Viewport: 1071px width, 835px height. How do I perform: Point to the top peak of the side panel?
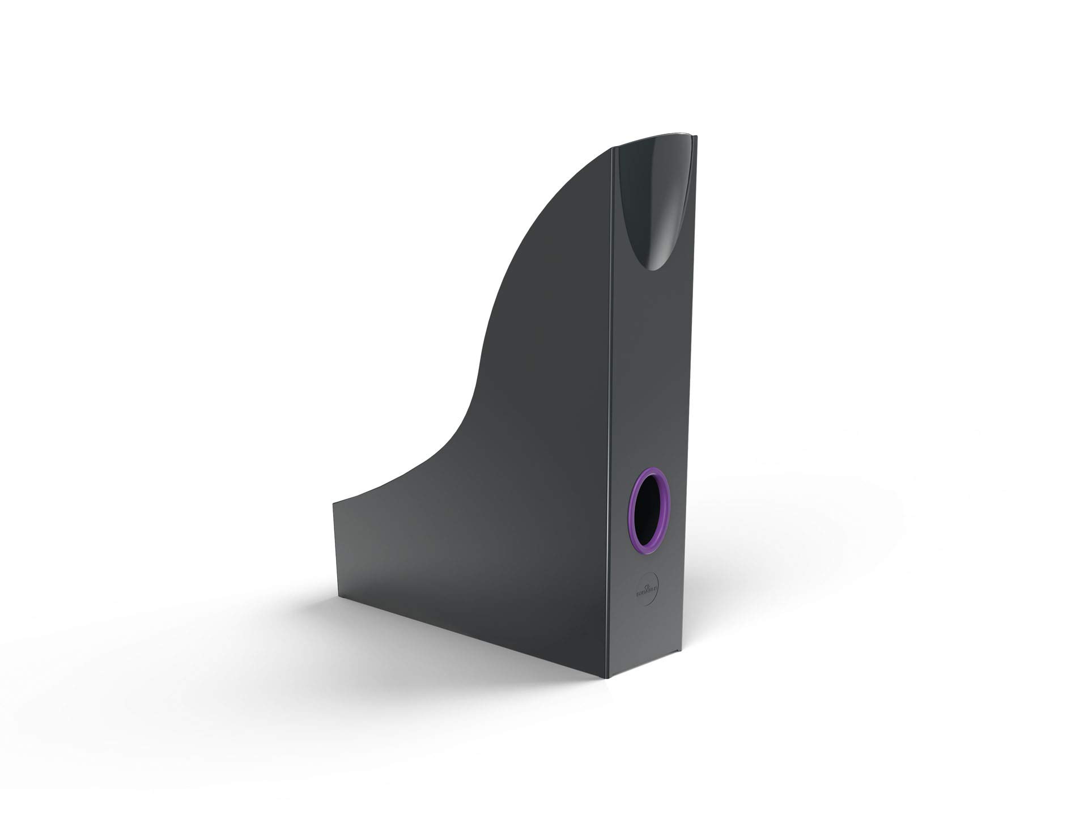pyautogui.click(x=611, y=149)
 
